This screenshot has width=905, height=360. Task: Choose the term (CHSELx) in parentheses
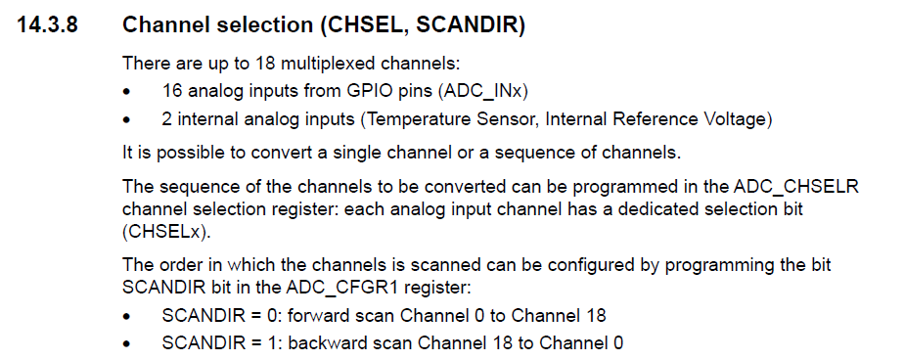click(x=166, y=232)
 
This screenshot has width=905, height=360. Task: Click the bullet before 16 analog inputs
click(x=128, y=92)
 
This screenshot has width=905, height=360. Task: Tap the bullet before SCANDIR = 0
click(x=128, y=317)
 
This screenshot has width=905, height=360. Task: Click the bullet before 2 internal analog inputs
click(x=128, y=120)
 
